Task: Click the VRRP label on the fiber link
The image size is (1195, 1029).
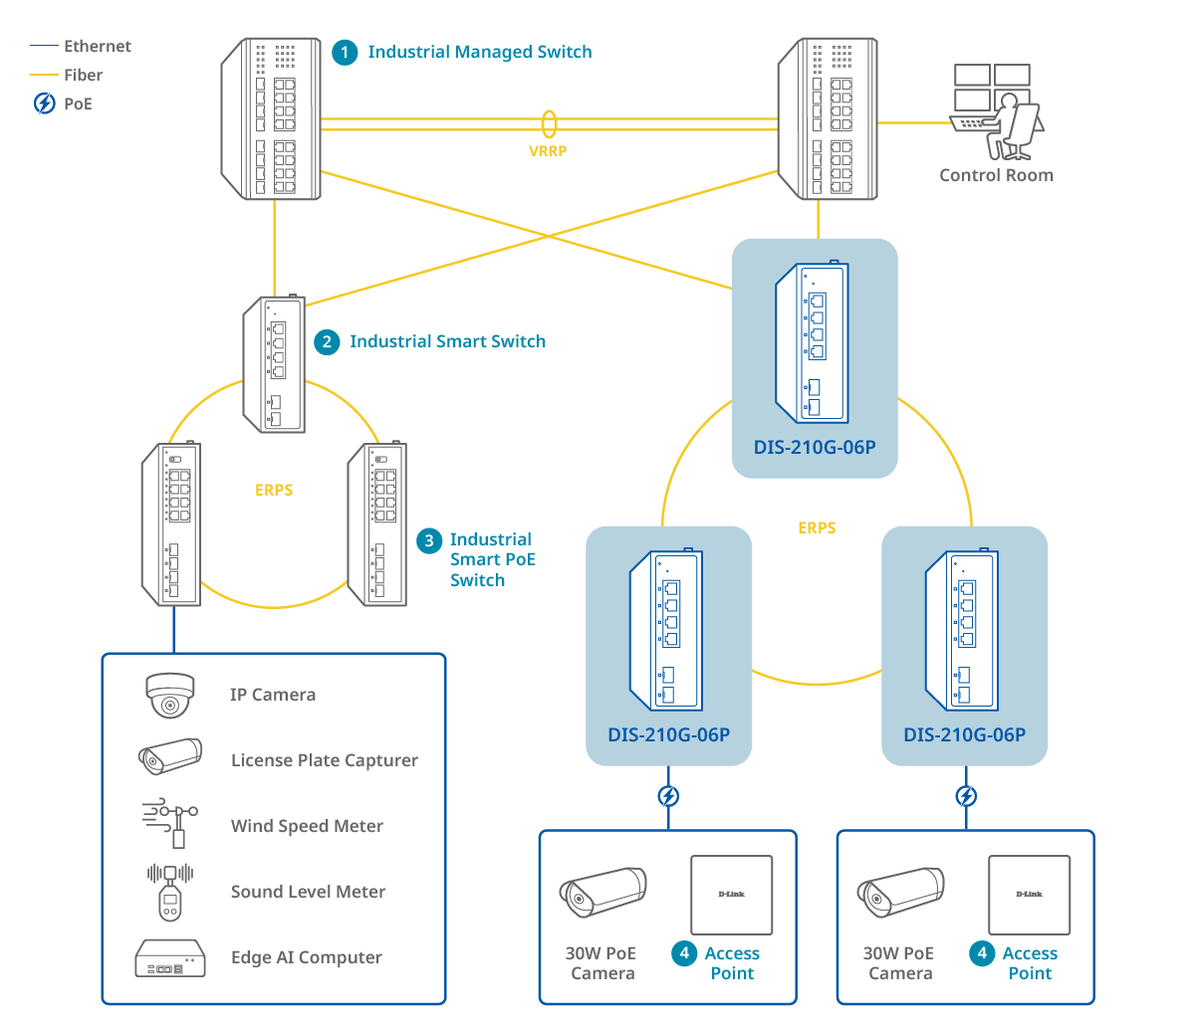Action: pos(548,153)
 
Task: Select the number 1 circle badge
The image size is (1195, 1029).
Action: pos(345,52)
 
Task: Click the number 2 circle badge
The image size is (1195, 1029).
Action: pos(326,342)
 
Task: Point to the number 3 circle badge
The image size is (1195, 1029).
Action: pos(428,540)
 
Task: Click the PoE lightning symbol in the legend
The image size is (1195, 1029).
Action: pos(44,103)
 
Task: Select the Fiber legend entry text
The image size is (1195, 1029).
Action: pos(83,75)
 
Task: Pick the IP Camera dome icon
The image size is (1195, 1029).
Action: pos(169,695)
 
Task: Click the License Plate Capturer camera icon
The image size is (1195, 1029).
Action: pos(169,757)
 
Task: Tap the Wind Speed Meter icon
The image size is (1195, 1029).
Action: pos(171,824)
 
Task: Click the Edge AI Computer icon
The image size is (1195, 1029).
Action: pos(170,957)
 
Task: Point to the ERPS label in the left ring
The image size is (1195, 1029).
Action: pos(274,491)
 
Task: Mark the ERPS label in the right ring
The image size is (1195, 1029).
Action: pos(817,527)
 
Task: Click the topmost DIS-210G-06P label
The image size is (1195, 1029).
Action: pos(815,448)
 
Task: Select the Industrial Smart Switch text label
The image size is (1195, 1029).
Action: pos(447,342)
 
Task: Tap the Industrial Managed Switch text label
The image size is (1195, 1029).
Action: pos(479,52)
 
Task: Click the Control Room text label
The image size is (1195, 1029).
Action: pos(996,175)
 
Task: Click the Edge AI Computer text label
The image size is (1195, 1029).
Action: pos(306,957)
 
